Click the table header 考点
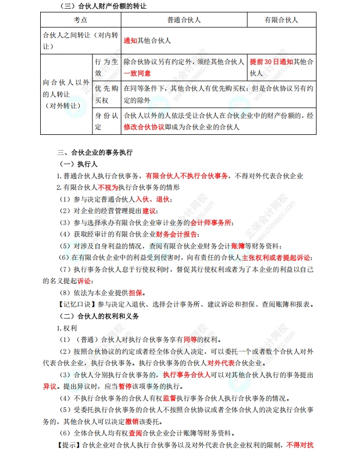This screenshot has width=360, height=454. [80, 20]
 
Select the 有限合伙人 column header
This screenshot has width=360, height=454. [281, 20]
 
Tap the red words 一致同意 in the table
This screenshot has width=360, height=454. [137, 72]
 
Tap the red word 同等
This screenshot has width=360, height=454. [188, 339]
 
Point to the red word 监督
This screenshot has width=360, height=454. [167, 398]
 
